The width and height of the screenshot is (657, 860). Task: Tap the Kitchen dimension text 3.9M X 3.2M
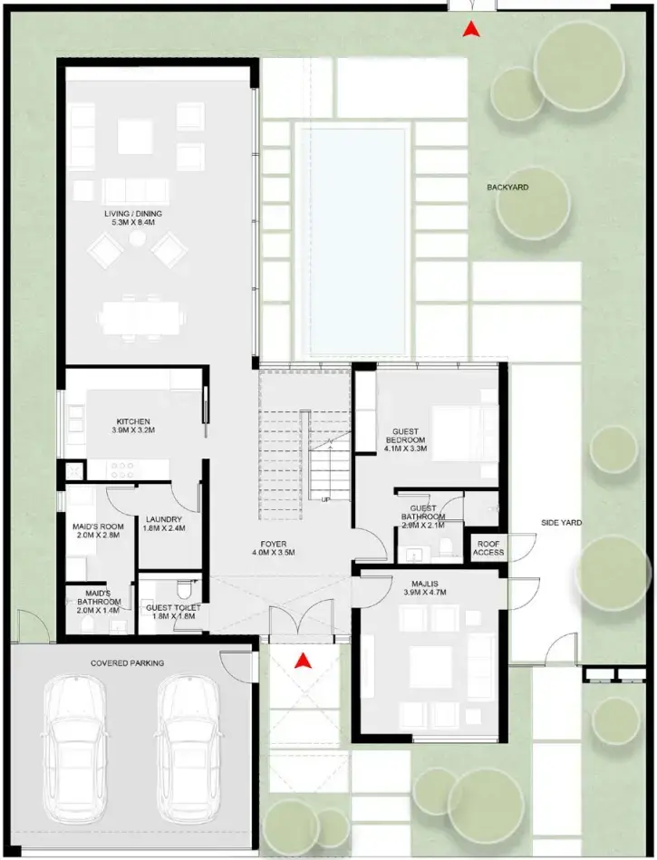click(132, 431)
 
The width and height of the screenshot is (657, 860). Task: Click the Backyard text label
click(507, 188)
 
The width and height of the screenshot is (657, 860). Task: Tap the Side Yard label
click(561, 523)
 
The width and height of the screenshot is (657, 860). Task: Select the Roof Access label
click(488, 547)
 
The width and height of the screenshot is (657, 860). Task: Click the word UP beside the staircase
click(325, 498)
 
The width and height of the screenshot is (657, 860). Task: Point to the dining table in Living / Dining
click(143, 316)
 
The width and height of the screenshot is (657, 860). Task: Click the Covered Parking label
click(127, 663)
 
